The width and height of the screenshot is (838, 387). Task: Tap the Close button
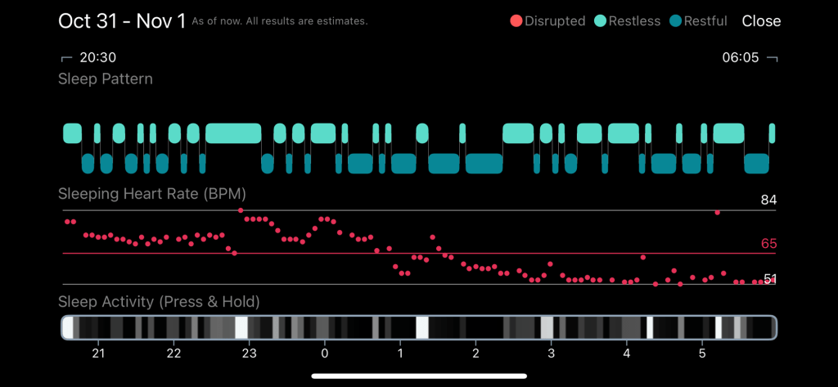(761, 21)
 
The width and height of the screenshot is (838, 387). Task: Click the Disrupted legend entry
(547, 21)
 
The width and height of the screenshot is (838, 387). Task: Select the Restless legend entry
(628, 21)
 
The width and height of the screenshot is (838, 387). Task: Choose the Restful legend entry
(698, 21)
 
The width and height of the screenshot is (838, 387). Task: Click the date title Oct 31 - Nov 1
(122, 21)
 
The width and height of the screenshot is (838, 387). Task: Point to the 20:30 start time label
(97, 58)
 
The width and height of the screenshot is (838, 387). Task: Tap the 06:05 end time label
(741, 58)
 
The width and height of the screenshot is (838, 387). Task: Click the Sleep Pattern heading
(105, 79)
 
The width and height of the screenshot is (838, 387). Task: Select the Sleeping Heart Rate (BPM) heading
(152, 194)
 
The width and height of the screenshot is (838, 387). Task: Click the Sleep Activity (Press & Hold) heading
(159, 302)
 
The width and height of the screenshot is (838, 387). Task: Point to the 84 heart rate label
(768, 200)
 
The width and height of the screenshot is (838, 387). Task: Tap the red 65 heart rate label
(768, 244)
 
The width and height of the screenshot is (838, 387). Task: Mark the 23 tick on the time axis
(250, 353)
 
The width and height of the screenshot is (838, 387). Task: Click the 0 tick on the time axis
(325, 353)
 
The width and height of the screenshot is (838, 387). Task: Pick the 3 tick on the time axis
(551, 353)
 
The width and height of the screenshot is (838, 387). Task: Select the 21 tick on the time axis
(98, 353)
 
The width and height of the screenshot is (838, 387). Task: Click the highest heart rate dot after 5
(717, 213)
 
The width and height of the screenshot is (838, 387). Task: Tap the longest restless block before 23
(232, 133)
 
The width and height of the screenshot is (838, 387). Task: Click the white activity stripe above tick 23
(241, 328)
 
